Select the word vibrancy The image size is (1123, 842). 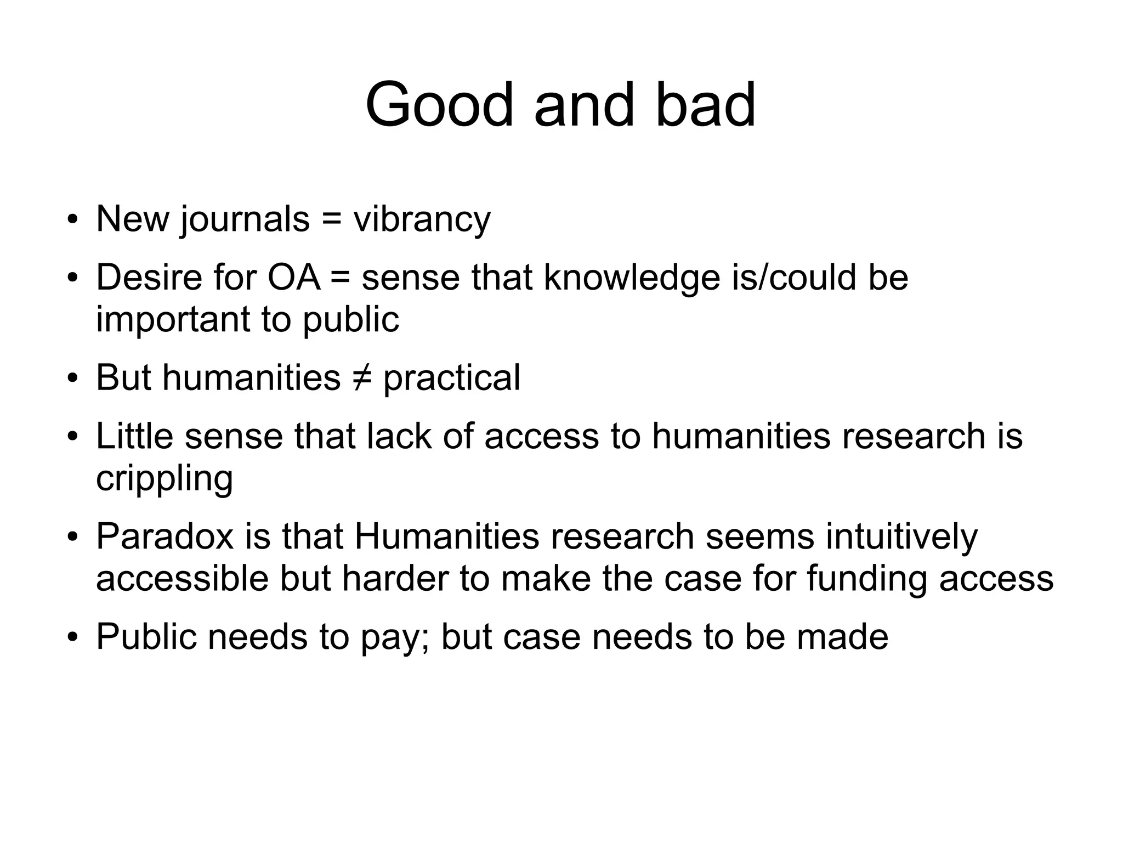422,219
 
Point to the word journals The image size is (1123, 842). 245,219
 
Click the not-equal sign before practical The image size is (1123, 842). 361,378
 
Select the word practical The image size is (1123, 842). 451,378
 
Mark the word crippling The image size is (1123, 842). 165,479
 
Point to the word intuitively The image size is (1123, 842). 901,536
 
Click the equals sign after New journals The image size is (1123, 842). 331,219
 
